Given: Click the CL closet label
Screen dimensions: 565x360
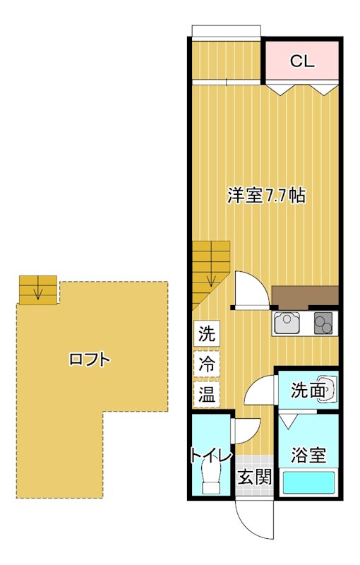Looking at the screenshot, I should pyautogui.click(x=301, y=61).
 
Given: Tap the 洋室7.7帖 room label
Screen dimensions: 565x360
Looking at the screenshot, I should pyautogui.click(x=266, y=196).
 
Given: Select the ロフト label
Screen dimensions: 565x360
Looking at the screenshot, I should pyautogui.click(x=90, y=359).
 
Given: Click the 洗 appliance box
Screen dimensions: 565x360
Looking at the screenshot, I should pyautogui.click(x=207, y=333).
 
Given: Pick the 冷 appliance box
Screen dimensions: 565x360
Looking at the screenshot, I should pyautogui.click(x=207, y=364).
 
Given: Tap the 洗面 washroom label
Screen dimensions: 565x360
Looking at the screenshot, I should pyautogui.click(x=308, y=389).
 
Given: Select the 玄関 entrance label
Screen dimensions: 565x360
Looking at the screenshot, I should pyautogui.click(x=254, y=477).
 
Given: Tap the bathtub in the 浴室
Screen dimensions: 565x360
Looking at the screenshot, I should pyautogui.click(x=308, y=482).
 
